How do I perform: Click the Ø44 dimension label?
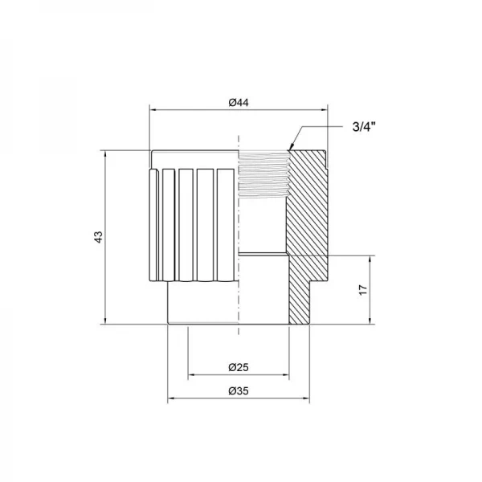[239, 102]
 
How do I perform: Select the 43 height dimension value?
[98, 237]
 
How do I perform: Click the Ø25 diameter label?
[239, 367]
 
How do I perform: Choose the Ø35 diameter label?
[239, 391]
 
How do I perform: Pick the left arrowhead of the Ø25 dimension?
[191, 375]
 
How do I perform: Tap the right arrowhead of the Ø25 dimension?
[286, 375]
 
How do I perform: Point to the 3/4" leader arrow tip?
[289, 148]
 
